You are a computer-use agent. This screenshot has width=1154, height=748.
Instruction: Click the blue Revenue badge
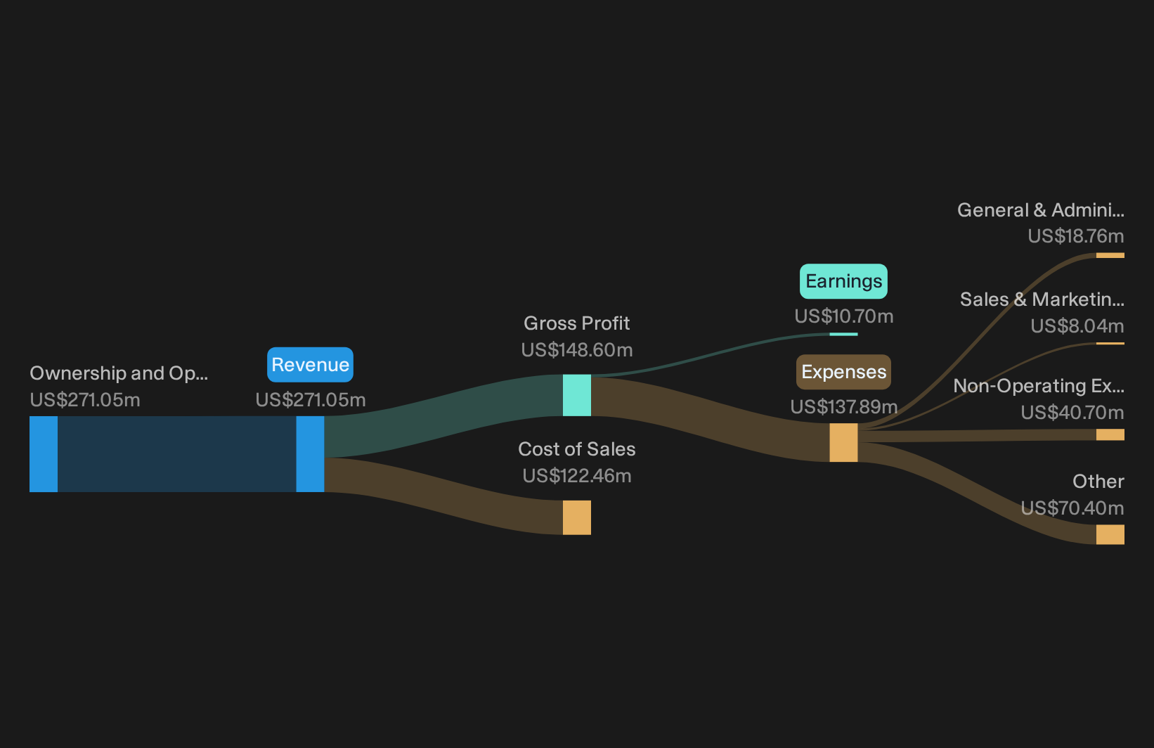pyautogui.click(x=310, y=364)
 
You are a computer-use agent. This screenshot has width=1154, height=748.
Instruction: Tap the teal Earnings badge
pyautogui.click(x=843, y=281)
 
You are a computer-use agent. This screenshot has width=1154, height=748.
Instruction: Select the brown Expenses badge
pyautogui.click(x=843, y=372)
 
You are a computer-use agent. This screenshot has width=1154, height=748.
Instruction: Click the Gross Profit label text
pyautogui.click(x=576, y=323)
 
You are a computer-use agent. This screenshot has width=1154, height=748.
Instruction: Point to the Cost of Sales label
pyautogui.click(x=576, y=449)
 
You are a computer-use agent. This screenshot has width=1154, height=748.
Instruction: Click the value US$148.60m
pyautogui.click(x=576, y=350)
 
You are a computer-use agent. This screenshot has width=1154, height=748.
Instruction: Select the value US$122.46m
pyautogui.click(x=576, y=476)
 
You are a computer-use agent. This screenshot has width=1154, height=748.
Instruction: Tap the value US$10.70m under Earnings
pyautogui.click(x=844, y=316)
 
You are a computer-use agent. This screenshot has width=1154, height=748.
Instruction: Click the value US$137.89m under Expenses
pyautogui.click(x=844, y=407)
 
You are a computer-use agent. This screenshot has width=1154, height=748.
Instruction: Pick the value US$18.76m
pyautogui.click(x=1076, y=236)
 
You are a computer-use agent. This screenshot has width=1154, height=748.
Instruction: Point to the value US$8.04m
pyautogui.click(x=1077, y=325)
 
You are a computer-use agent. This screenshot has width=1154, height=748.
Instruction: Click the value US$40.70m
pyautogui.click(x=1072, y=413)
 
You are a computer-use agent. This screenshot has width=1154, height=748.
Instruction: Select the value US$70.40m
pyautogui.click(x=1072, y=508)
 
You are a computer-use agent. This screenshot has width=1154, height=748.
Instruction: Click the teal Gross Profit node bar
pyautogui.click(x=576, y=395)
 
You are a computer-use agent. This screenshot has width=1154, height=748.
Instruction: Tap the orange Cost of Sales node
pyautogui.click(x=576, y=517)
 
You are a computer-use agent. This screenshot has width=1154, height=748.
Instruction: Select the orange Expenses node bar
pyautogui.click(x=843, y=443)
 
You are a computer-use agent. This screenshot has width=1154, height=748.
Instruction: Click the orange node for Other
pyautogui.click(x=1110, y=534)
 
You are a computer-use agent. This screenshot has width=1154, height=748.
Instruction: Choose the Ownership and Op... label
pyautogui.click(x=119, y=373)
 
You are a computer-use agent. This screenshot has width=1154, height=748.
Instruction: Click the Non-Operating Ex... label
pyautogui.click(x=1039, y=385)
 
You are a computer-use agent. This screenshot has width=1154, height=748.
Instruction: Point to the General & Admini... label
pyautogui.click(x=1041, y=209)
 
